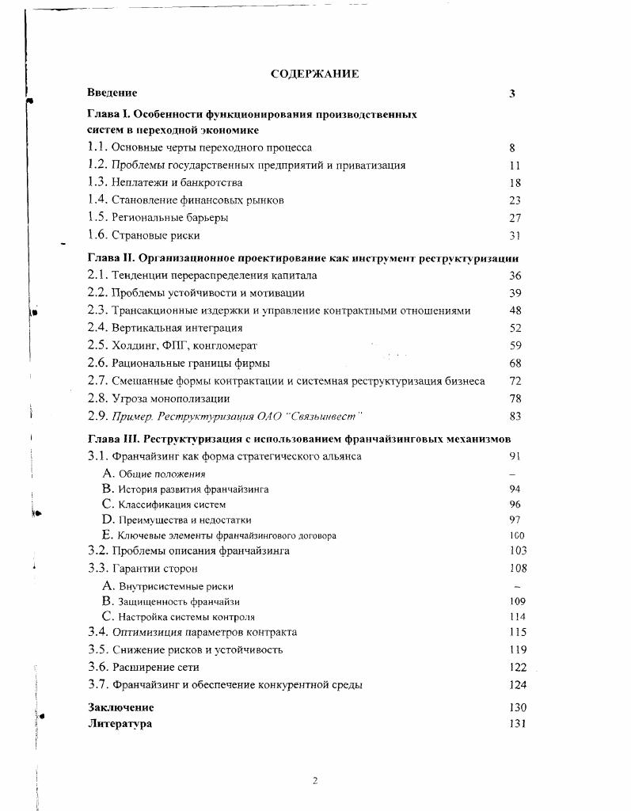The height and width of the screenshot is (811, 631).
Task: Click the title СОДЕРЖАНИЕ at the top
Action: tap(314, 74)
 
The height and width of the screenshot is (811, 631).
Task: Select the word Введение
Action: tap(112, 93)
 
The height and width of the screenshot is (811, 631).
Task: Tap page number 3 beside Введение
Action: tap(512, 93)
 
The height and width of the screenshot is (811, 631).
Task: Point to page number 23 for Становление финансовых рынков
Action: tap(515, 200)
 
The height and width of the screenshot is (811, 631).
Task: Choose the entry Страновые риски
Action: tap(156, 235)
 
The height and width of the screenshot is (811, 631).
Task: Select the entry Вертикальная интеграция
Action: tap(177, 327)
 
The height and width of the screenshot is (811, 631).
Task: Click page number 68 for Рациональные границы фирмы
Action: tap(515, 364)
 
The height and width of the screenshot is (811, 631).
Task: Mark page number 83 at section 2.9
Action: tap(515, 417)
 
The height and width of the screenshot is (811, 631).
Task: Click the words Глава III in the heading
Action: tap(114, 439)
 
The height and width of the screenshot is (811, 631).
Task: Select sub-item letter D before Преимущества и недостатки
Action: tap(109, 520)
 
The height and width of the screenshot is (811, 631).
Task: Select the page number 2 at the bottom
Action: tap(314, 781)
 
